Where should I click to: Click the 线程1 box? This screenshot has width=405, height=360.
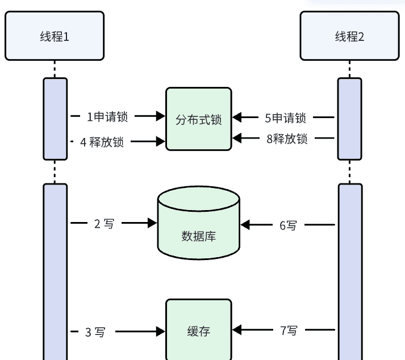pos(55,36)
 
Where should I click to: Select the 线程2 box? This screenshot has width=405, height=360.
pos(349,36)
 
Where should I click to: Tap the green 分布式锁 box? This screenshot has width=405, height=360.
pos(199,119)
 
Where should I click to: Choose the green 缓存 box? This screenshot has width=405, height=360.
pos(199,330)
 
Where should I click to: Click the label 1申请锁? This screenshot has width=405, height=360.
pos(107,117)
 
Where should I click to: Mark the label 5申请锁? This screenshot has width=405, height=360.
pos(285,118)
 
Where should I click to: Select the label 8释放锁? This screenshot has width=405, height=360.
pos(287,139)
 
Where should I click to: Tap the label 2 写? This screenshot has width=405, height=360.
pos(103,224)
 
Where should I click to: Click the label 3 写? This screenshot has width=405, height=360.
pos(95,332)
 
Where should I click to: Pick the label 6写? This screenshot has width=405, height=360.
pos(288,225)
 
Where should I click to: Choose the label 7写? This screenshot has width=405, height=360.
pos(289,330)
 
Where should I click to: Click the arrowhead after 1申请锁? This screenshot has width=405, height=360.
pos(161,116)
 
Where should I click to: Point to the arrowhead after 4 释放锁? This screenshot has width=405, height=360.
pos(161,141)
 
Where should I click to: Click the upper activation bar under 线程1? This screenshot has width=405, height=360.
pos(55,119)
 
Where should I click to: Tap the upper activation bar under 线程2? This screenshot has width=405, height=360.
pos(349,119)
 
